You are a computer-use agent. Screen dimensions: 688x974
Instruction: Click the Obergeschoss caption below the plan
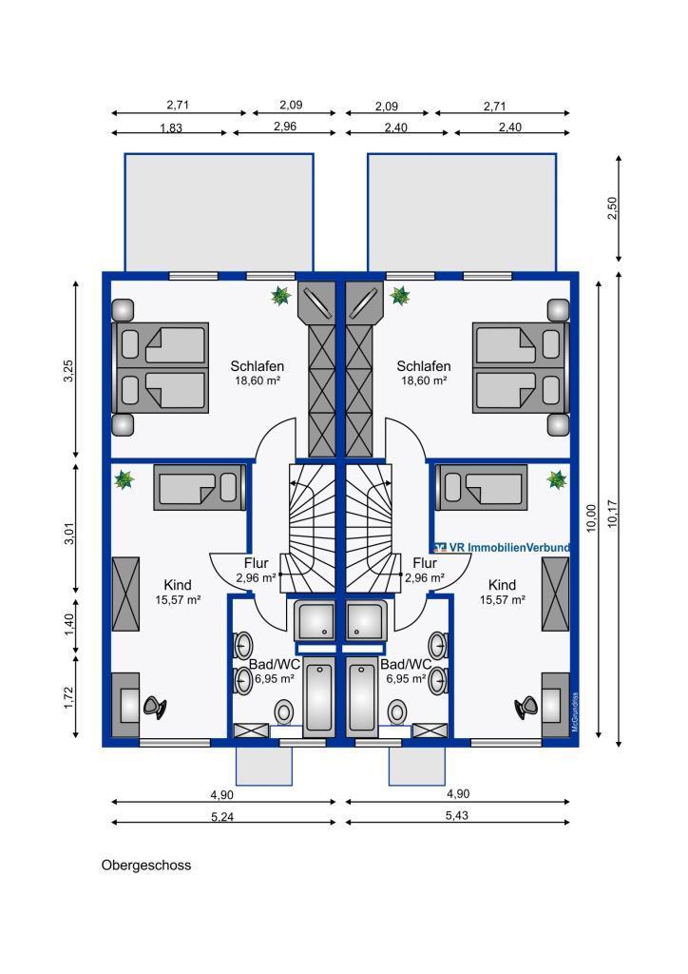pos(146,866)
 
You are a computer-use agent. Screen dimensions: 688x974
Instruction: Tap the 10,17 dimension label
pos(613,514)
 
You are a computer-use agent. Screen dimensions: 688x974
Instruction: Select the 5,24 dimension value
pos(222,817)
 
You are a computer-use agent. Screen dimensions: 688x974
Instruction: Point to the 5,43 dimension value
pos(456,815)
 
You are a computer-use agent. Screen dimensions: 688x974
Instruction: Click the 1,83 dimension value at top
pos(171,128)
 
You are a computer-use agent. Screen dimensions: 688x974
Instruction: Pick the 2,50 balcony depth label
pos(612,208)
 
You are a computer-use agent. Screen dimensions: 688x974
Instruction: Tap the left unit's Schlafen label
pos(258,366)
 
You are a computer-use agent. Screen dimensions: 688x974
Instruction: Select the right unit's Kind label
pos(502,585)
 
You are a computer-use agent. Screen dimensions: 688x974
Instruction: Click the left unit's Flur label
pos(257,563)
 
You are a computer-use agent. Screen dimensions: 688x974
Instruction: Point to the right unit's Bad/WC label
pos(406,665)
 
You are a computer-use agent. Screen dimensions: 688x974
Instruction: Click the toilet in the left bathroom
pos(285,711)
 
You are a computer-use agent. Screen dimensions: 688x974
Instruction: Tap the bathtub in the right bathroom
pos(362,697)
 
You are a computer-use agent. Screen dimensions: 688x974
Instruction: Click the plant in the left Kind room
pos(124,479)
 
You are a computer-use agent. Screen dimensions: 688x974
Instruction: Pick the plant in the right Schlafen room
pos(400,295)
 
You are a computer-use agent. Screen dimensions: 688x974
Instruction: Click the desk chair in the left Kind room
pos(155,707)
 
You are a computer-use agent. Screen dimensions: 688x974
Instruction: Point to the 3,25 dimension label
pos(68,371)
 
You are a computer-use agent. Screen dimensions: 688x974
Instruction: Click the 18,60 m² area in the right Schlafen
pos(424,380)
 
